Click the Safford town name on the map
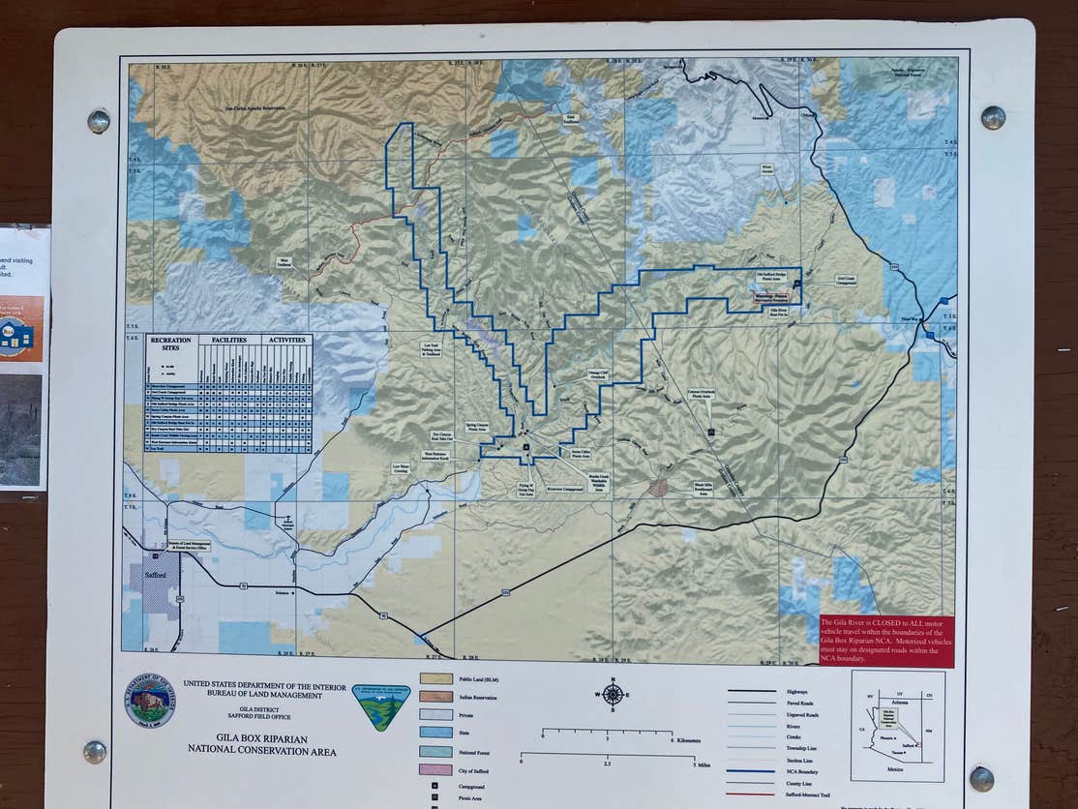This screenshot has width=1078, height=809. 155,575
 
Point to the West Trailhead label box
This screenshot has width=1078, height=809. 284,261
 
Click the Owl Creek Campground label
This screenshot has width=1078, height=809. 846,281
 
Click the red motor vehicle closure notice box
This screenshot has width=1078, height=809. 885,640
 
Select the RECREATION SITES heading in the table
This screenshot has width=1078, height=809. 171,344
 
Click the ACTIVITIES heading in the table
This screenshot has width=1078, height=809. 286,340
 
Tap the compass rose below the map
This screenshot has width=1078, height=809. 612,695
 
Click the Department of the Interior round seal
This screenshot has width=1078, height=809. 150,700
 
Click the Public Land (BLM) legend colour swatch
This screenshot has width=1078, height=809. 435,679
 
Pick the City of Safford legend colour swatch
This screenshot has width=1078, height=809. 435,769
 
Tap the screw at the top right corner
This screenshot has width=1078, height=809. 993,118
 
